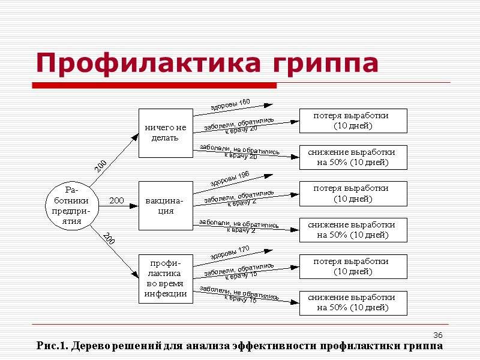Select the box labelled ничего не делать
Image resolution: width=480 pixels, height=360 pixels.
pyautogui.click(x=166, y=133)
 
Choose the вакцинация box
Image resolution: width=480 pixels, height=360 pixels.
pyautogui.click(x=166, y=205)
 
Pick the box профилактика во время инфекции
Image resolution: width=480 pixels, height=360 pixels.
pyautogui.click(x=166, y=278)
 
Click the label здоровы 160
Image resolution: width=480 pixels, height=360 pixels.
pyautogui.click(x=230, y=104)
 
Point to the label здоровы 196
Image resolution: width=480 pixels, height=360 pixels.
pyautogui.click(x=230, y=178)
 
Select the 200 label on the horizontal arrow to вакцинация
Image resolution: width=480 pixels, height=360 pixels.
pyautogui.click(x=116, y=200)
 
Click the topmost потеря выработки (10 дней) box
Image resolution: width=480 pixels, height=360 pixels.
pyautogui.click(x=353, y=121)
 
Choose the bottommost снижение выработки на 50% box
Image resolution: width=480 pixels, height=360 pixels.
pyautogui.click(x=353, y=303)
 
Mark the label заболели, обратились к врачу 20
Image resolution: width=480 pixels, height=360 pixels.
pyautogui.click(x=239, y=125)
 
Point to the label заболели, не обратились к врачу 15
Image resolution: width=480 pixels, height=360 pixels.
pyautogui.click(x=239, y=294)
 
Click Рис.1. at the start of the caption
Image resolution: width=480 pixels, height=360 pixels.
pyautogui.click(x=51, y=346)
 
